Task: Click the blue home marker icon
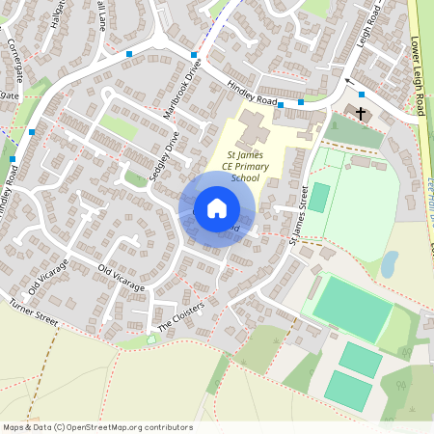click(217, 207)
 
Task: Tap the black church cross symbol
click(361, 114)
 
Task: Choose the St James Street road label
click(299, 214)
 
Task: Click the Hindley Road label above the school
click(252, 94)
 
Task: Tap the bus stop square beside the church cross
click(362, 95)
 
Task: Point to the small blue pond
click(389, 263)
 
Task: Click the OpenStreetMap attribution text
click(97, 427)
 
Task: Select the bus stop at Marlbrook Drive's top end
click(194, 55)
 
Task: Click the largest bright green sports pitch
click(352, 307)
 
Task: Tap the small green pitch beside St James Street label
click(318, 198)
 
